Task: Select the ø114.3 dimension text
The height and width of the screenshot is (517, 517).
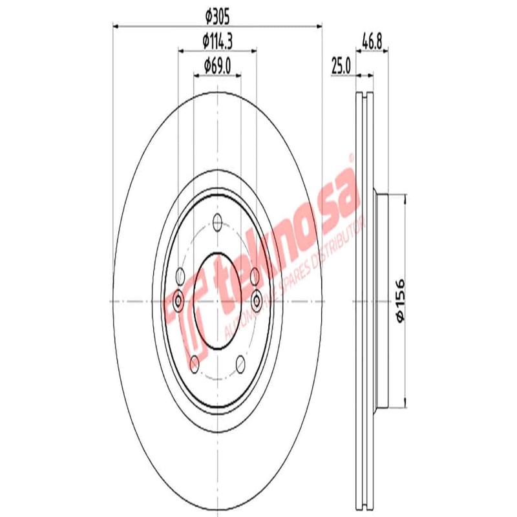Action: pos(217,41)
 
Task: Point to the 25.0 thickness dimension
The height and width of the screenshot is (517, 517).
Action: pos(340,65)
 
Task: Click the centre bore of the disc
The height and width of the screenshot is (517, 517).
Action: pos(217,300)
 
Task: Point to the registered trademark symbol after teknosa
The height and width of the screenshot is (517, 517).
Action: pos(352,157)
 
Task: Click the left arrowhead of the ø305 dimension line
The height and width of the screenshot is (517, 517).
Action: pos(117,26)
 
